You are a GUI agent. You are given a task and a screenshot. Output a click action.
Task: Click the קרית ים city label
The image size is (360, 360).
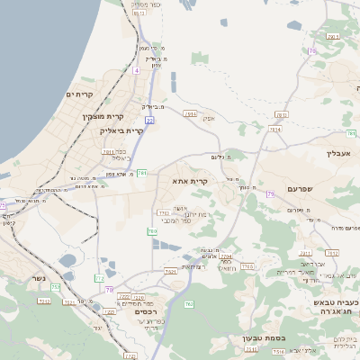[80, 94]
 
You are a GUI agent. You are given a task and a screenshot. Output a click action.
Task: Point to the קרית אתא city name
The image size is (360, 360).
[190, 181]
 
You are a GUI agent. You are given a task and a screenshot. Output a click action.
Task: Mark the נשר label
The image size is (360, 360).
[36, 278]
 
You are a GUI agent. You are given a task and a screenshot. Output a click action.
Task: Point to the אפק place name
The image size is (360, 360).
[208, 119]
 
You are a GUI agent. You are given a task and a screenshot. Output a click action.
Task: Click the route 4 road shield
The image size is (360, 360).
[136, 69]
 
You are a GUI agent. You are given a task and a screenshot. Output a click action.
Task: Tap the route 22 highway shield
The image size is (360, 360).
[149, 119]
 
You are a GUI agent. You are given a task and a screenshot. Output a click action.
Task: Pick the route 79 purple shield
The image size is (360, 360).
[109, 290]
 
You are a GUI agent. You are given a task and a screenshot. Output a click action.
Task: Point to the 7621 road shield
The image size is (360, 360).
[170, 271]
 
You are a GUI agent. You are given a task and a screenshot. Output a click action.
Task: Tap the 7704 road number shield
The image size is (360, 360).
[225, 256]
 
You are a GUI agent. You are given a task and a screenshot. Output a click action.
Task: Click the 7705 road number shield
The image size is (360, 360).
[247, 265]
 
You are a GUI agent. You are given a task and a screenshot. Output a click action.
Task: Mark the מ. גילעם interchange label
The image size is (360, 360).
[217, 157]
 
